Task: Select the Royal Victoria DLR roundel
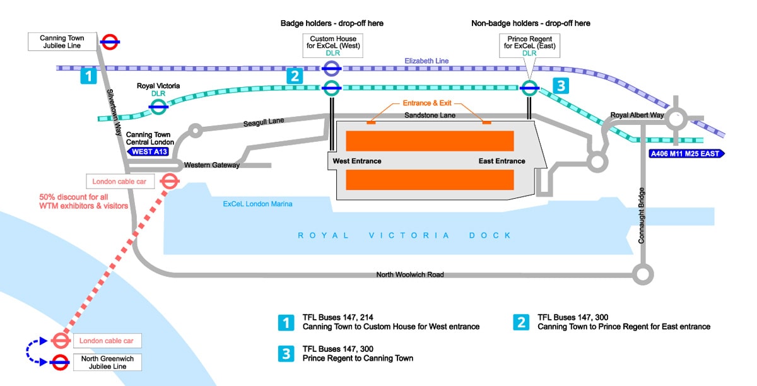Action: (158, 107)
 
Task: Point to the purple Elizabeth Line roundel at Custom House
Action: (332, 68)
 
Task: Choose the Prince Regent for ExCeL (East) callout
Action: (529, 46)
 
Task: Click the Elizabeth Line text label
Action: (426, 61)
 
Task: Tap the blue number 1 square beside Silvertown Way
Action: (88, 76)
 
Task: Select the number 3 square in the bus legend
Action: (286, 354)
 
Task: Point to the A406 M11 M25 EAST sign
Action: (686, 153)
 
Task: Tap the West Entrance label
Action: (357, 161)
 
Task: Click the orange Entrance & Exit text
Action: (428, 103)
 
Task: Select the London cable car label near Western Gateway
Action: (120, 182)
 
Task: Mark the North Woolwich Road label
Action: (410, 274)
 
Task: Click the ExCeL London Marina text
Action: (257, 204)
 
